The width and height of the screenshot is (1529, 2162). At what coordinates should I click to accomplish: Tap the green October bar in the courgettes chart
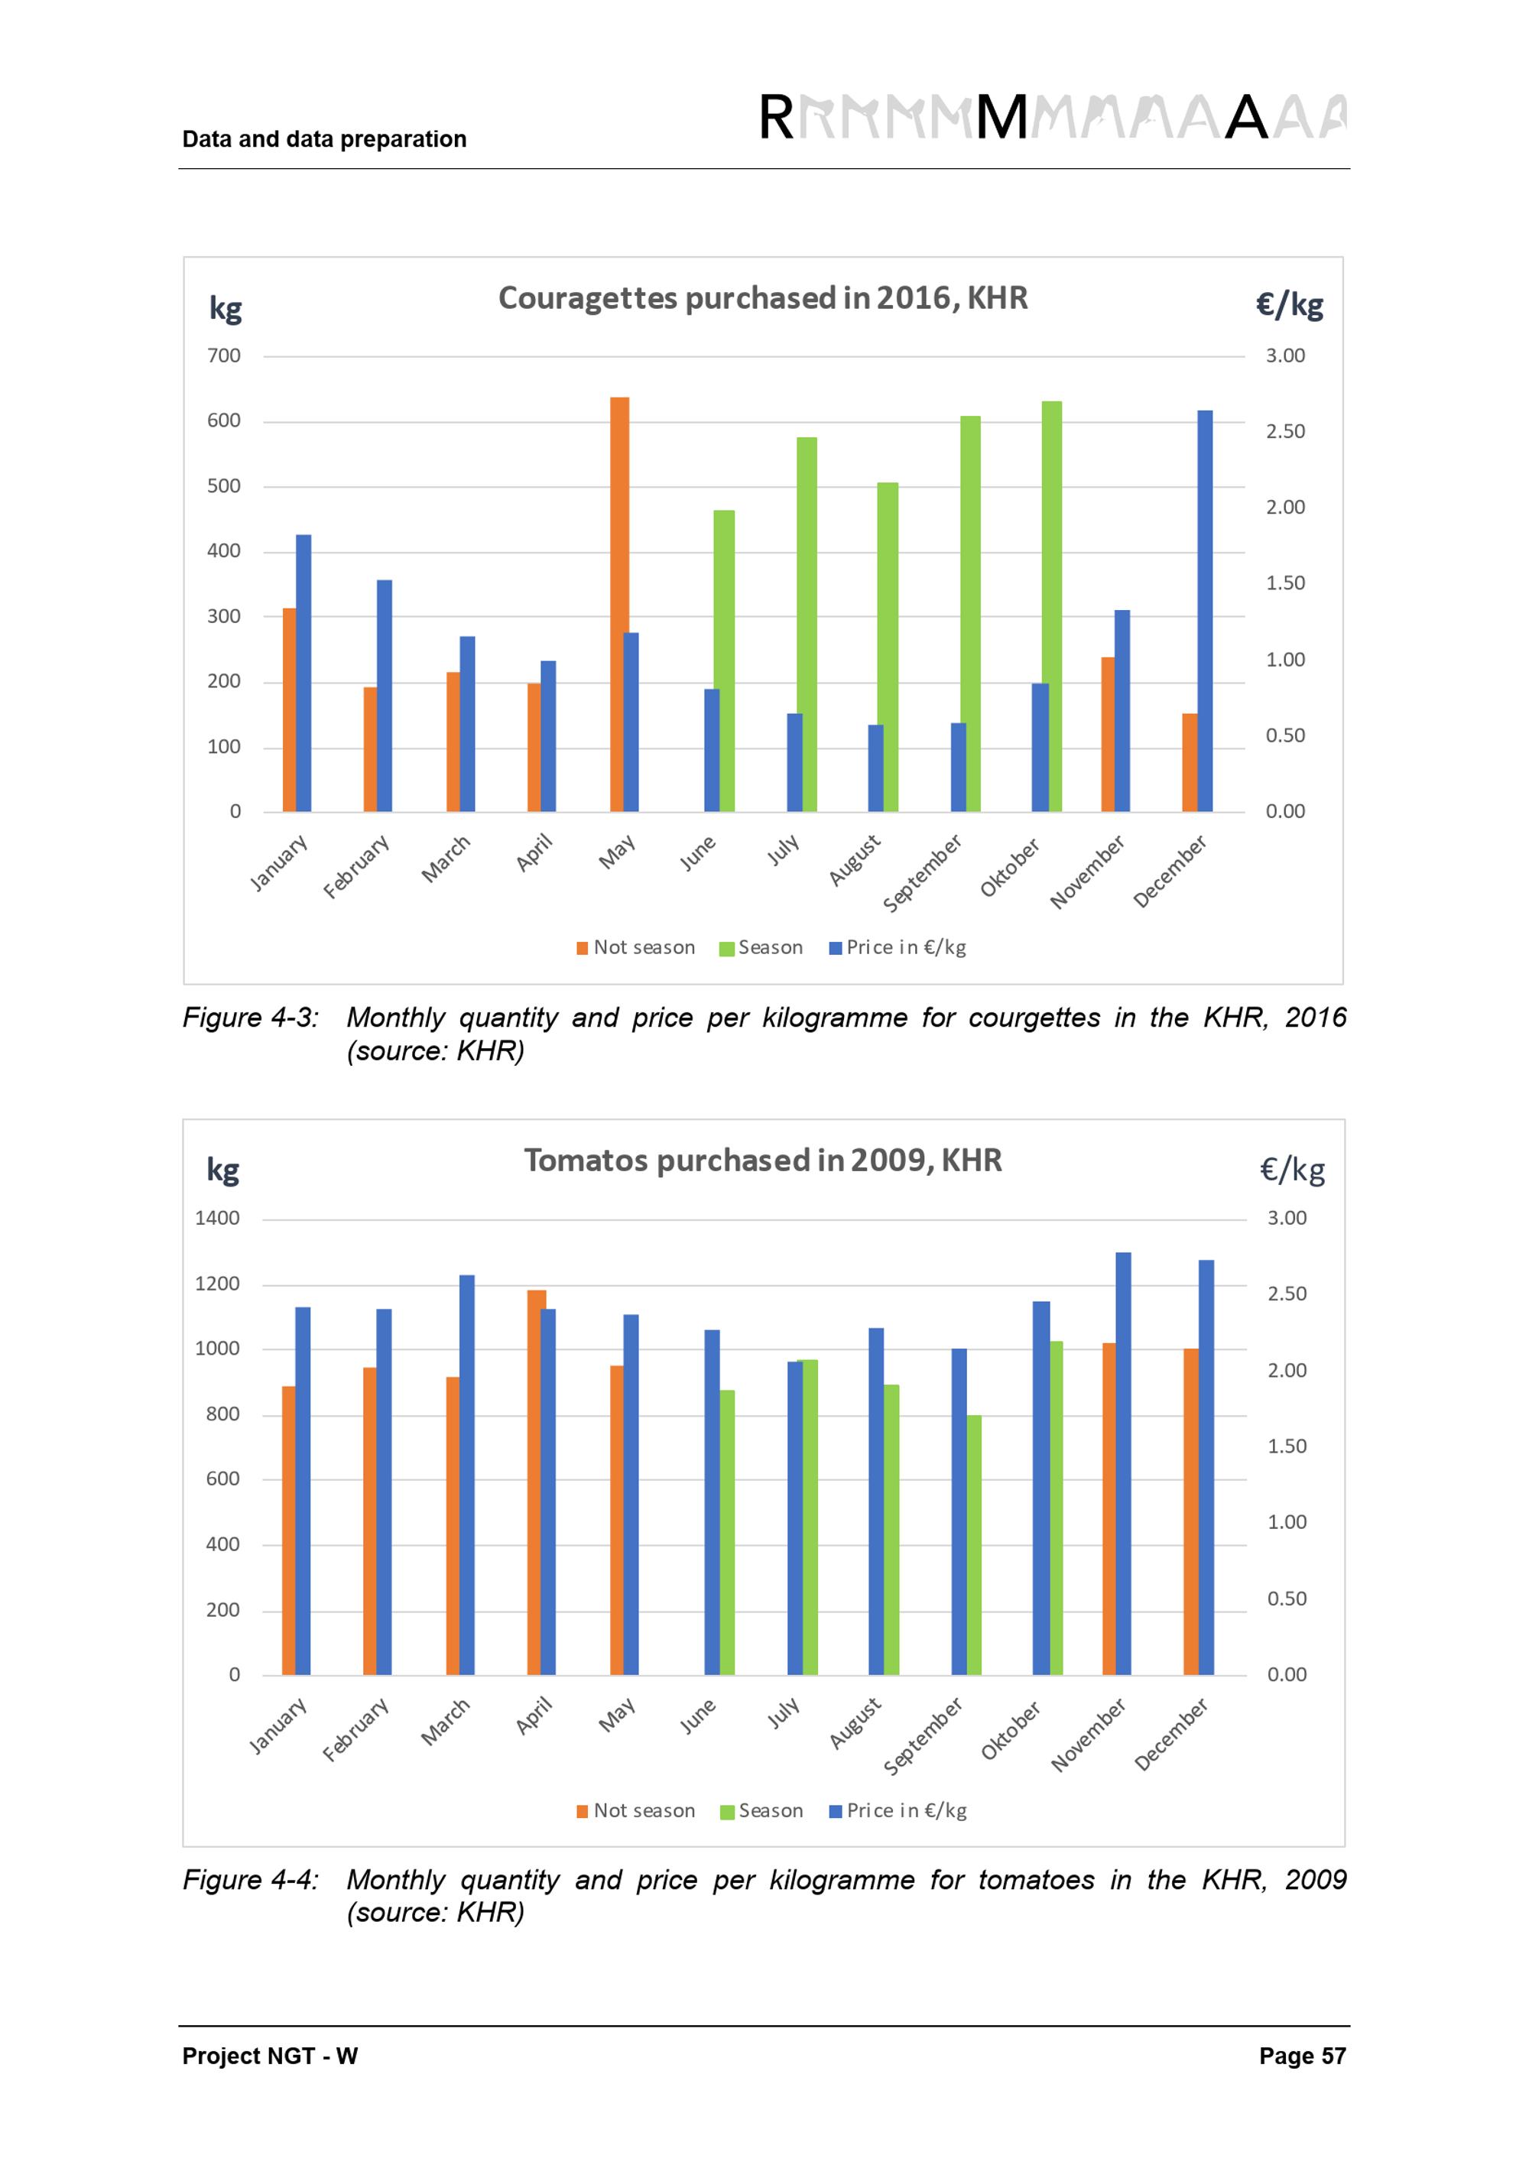pyautogui.click(x=1053, y=606)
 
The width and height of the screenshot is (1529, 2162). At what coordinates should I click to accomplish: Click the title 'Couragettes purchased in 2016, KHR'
pyautogui.click(x=763, y=298)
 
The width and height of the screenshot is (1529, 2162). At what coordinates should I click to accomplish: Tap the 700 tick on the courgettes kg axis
pyautogui.click(x=224, y=356)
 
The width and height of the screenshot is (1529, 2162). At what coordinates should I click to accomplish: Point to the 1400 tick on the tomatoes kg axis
pyautogui.click(x=217, y=1219)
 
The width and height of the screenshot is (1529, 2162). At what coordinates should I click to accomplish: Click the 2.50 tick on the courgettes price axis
pyautogui.click(x=1285, y=432)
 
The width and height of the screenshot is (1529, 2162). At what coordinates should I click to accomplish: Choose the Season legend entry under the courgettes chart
pyautogui.click(x=761, y=947)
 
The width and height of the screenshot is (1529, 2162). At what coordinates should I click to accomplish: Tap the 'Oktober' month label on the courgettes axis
pyautogui.click(x=1010, y=867)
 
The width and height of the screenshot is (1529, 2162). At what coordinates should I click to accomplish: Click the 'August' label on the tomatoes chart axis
pyautogui.click(x=855, y=1723)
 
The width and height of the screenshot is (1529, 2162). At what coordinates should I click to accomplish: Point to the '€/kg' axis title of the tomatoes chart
pyautogui.click(x=1292, y=1170)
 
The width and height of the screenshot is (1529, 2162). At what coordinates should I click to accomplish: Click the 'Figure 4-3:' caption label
pyautogui.click(x=251, y=1018)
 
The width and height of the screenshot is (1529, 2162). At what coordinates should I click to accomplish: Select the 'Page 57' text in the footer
pyautogui.click(x=1302, y=2056)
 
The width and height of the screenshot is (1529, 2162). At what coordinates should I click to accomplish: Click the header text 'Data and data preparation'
pyautogui.click(x=324, y=139)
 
